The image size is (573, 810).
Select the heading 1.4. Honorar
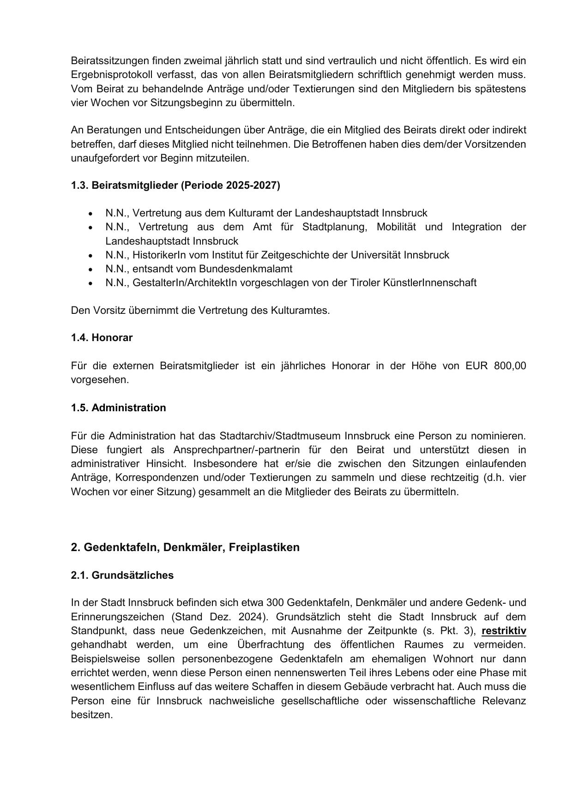tap(102, 338)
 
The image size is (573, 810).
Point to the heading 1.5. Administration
tap(118, 408)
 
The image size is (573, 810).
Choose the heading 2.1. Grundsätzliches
tap(122, 576)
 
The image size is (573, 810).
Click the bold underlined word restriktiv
tap(504, 631)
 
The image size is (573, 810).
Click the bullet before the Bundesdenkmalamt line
tap(90, 269)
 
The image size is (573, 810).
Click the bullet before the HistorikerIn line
tap(90, 255)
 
